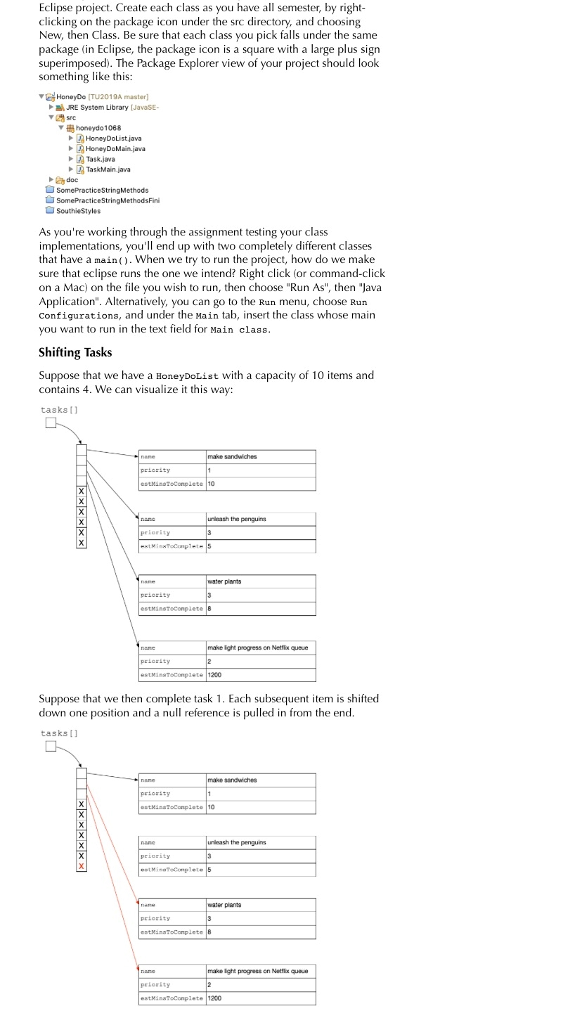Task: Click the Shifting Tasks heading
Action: click(x=75, y=352)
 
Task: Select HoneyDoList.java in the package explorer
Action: click(x=113, y=139)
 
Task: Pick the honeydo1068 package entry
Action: click(x=98, y=128)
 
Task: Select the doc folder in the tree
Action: click(x=72, y=180)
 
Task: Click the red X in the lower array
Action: click(x=82, y=867)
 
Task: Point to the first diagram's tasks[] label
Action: click(x=59, y=410)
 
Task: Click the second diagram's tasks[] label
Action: click(x=59, y=733)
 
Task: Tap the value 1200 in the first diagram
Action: click(x=215, y=675)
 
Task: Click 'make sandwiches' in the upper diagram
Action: click(x=232, y=457)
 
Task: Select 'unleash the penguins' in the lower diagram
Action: click(x=236, y=842)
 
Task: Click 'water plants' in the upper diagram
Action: click(x=225, y=581)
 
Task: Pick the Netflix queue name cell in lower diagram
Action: click(x=257, y=971)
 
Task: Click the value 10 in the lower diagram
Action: click(x=212, y=807)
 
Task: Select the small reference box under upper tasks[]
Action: click(x=50, y=423)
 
